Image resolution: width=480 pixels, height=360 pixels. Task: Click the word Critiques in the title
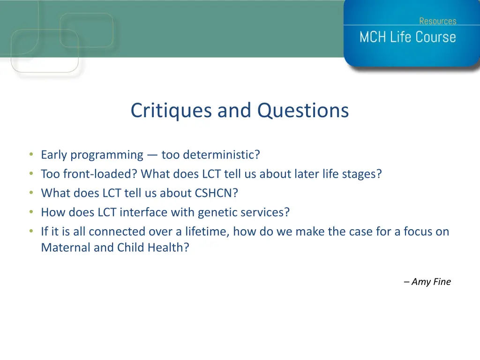[171, 111]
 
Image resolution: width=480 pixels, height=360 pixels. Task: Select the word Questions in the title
[303, 111]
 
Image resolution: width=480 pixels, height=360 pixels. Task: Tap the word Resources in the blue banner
[438, 21]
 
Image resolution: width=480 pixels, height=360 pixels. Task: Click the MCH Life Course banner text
[408, 37]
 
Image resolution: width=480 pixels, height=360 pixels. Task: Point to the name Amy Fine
[431, 282]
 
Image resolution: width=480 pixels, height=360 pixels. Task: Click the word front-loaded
[100, 174]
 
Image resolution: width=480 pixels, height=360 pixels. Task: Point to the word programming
[107, 155]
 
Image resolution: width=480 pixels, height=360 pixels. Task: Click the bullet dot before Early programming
[31, 154]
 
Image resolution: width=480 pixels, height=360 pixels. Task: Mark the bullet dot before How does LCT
[31, 211]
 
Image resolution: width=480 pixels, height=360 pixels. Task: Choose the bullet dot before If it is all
[31, 231]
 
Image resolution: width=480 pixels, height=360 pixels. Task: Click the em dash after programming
[152, 155]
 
